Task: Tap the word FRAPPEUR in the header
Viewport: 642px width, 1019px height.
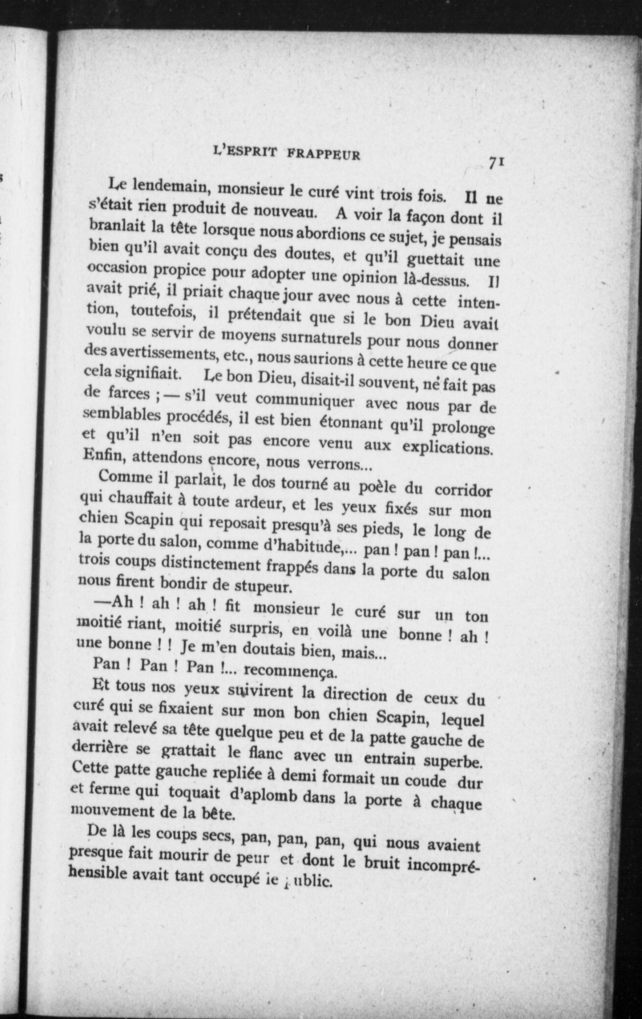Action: (323, 155)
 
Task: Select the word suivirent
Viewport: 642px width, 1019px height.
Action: (255, 691)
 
